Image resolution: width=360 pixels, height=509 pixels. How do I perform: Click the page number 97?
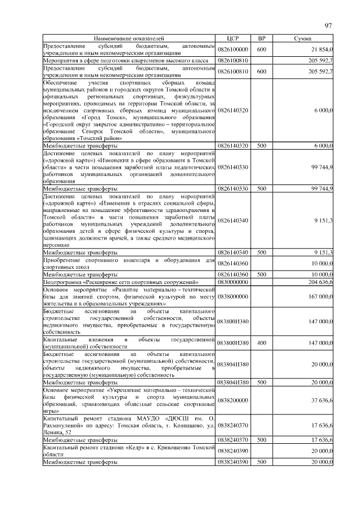click(329, 26)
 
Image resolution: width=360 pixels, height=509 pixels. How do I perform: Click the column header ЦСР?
click(233, 38)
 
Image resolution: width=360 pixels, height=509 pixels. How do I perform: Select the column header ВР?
click(262, 38)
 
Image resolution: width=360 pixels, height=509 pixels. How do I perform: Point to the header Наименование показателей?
click(129, 38)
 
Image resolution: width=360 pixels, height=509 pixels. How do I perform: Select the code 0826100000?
click(233, 49)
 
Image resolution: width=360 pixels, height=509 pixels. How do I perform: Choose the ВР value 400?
click(262, 343)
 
